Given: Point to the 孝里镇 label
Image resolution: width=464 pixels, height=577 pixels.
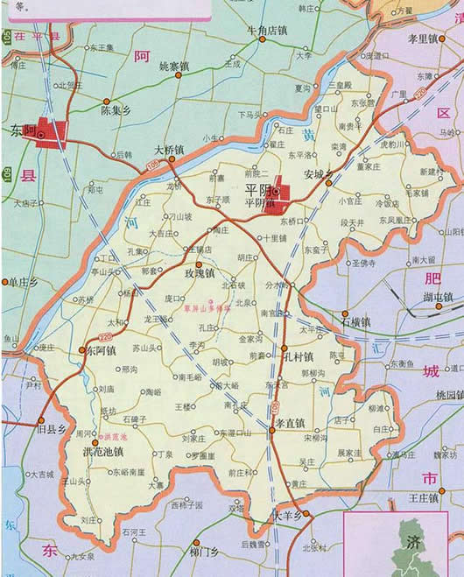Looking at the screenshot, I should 423,39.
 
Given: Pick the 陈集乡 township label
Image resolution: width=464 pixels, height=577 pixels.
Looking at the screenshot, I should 116,111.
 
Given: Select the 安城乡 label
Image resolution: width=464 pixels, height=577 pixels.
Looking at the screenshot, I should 320,174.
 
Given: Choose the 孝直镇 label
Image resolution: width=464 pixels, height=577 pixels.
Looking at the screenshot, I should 290,422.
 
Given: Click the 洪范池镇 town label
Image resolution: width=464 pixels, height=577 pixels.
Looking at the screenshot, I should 102,452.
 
